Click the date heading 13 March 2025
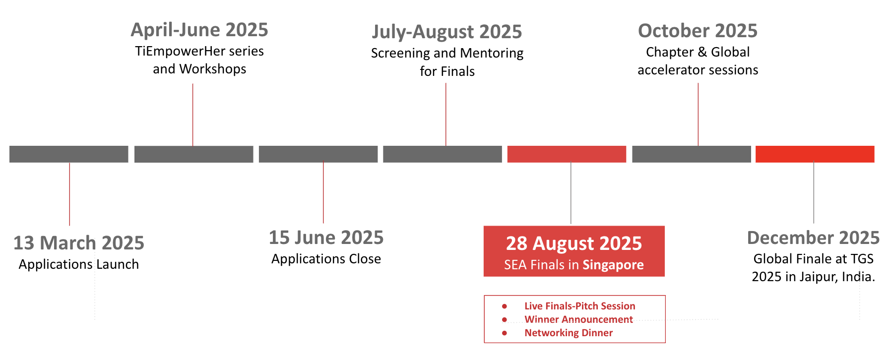(x=79, y=243)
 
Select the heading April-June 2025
(x=199, y=30)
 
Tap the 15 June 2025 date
(x=326, y=238)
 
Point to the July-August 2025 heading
(x=447, y=32)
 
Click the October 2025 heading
(x=698, y=31)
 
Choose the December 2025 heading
(x=814, y=238)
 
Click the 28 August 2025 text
(x=574, y=243)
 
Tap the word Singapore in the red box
(x=613, y=265)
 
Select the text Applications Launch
(x=79, y=264)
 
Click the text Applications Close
(x=326, y=259)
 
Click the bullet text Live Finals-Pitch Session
(x=580, y=306)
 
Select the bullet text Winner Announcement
(x=578, y=319)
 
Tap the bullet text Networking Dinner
(x=569, y=333)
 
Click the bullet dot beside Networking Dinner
(x=505, y=333)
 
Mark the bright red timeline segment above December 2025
(x=815, y=154)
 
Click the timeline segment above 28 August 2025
(x=567, y=154)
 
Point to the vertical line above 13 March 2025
(x=69, y=194)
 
